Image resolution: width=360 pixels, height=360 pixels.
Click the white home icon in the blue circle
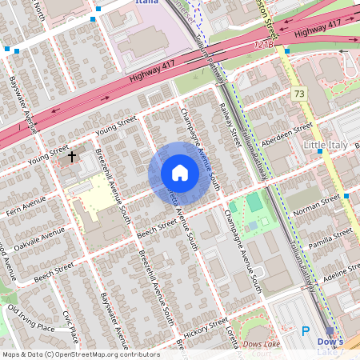(180, 172)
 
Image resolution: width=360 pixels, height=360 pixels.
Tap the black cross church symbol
(72, 157)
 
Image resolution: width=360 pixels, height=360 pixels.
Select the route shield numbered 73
(299, 94)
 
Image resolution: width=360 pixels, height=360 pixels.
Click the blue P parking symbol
(305, 331)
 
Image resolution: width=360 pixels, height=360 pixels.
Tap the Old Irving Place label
(31, 318)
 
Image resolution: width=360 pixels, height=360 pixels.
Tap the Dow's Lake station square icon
(330, 331)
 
